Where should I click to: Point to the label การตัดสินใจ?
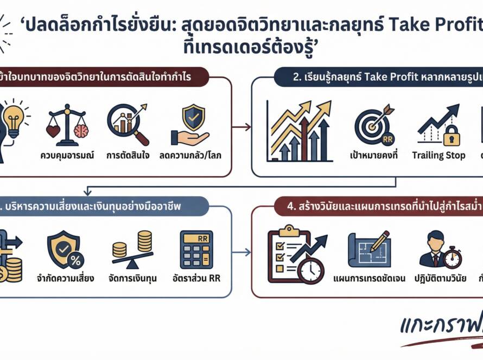click(x=128, y=156)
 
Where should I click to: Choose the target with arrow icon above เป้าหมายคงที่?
click(x=373, y=125)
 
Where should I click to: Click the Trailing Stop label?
click(x=438, y=156)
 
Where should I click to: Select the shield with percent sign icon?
click(x=64, y=250)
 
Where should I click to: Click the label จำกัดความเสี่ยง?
click(x=66, y=279)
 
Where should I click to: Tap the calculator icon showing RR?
click(x=196, y=249)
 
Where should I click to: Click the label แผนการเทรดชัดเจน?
click(x=370, y=279)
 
